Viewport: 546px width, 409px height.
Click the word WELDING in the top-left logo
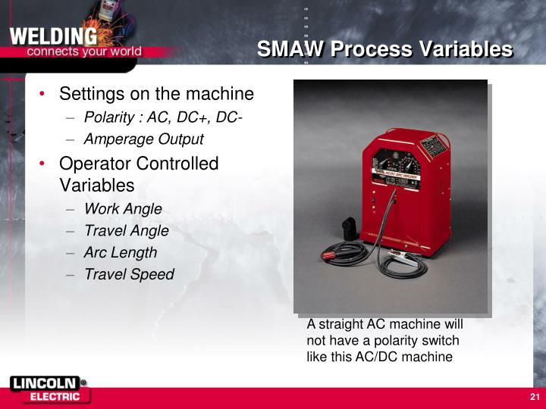tap(53, 36)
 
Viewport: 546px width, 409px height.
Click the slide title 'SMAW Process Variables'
tap(384, 49)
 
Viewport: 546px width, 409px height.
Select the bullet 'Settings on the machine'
tap(156, 94)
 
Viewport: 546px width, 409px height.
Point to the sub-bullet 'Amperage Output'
tap(143, 139)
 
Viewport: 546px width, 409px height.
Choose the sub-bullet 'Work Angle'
tap(123, 208)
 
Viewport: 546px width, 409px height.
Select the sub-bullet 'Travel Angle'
tap(126, 230)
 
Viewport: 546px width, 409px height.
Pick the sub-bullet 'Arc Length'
tap(121, 252)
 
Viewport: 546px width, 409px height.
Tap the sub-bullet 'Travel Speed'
tap(129, 274)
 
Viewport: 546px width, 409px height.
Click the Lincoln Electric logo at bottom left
tap(49, 389)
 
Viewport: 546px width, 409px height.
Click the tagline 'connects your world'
tap(84, 52)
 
